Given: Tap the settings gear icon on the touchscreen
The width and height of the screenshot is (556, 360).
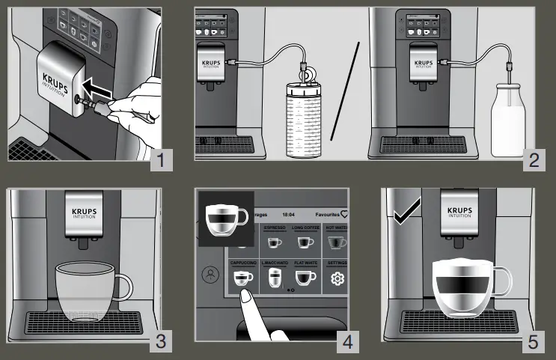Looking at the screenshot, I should pyautogui.click(x=337, y=280).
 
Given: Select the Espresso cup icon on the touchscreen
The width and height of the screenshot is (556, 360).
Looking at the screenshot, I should pyautogui.click(x=275, y=242).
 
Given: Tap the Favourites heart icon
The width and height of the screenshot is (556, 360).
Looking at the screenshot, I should pyautogui.click(x=345, y=213).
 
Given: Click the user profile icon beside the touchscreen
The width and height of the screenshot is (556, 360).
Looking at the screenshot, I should pyautogui.click(x=211, y=272).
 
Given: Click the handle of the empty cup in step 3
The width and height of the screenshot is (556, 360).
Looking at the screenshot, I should pyautogui.click(x=124, y=284).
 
